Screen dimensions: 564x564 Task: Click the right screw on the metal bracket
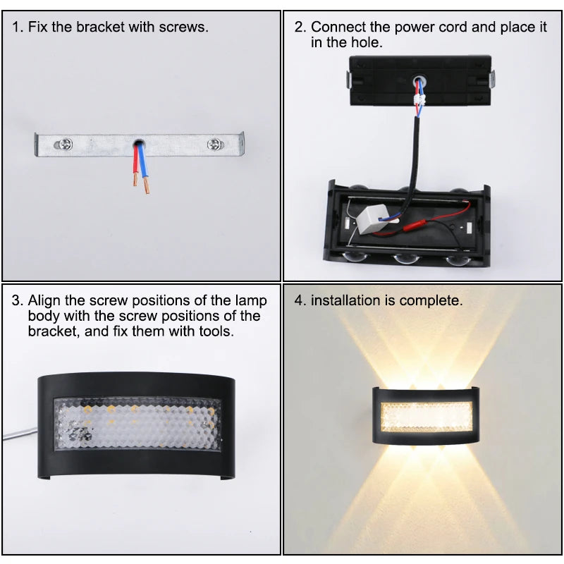[x=215, y=145]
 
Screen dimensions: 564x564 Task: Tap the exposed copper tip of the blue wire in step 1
[x=147, y=185]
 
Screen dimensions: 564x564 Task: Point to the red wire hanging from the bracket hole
[x=135, y=164]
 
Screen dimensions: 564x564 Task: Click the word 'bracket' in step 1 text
[x=100, y=27]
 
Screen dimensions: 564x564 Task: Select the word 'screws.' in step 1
[x=183, y=27]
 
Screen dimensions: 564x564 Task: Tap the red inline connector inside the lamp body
[x=415, y=226]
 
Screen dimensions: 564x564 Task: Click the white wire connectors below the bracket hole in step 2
[x=419, y=99]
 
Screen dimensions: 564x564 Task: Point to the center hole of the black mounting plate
[x=419, y=81]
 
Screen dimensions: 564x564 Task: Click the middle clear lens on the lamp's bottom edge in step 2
[x=407, y=258]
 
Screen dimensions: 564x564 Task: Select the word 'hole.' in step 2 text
[x=367, y=42]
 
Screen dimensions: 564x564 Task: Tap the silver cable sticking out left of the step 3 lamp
[x=20, y=434]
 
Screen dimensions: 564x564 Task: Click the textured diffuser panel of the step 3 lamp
[x=137, y=424]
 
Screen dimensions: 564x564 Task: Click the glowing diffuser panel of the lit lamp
[x=427, y=417]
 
